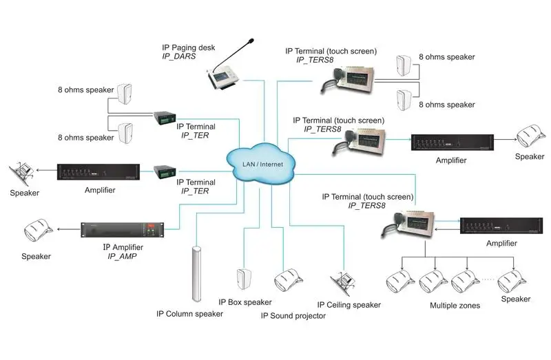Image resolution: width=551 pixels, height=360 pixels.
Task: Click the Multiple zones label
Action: click(455, 305)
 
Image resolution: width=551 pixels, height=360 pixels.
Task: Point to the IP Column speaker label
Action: click(189, 314)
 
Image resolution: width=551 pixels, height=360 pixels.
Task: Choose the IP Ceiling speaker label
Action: click(349, 305)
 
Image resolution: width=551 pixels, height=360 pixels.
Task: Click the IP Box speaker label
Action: click(245, 302)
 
